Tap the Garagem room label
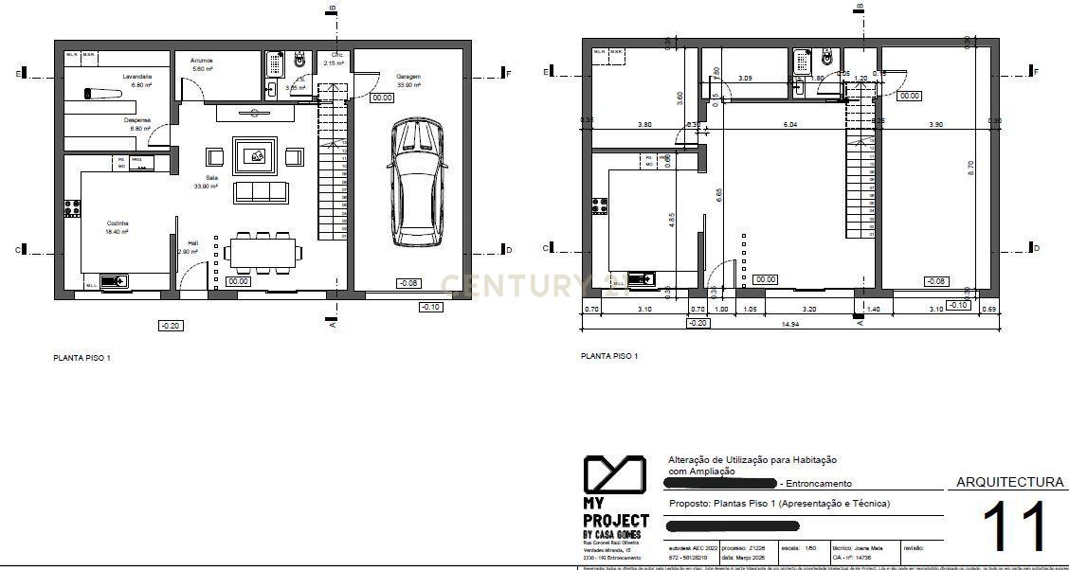click(x=408, y=76)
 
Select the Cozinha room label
click(x=118, y=224)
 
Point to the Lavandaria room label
click(x=137, y=76)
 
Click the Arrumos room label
click(x=201, y=61)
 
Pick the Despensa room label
click(x=137, y=120)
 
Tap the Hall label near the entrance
click(x=192, y=241)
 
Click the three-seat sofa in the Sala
click(x=261, y=192)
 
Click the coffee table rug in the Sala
click(x=255, y=156)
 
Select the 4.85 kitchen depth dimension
click(x=672, y=221)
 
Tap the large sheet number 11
click(x=1014, y=527)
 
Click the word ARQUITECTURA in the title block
click(x=1009, y=482)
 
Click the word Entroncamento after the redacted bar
click(x=818, y=484)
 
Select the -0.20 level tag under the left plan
click(x=171, y=326)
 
